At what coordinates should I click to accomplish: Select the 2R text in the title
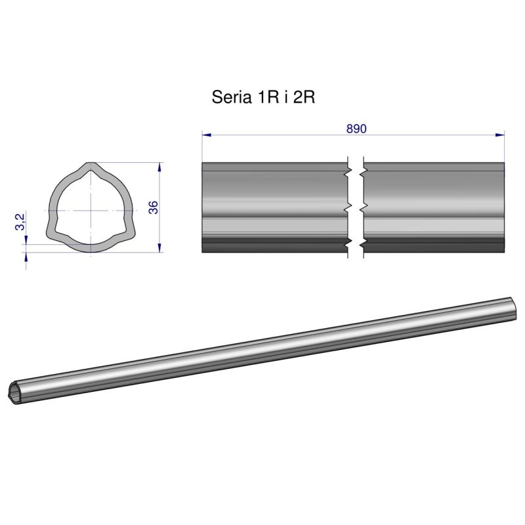coord(305,98)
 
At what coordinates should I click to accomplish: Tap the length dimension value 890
coord(356,128)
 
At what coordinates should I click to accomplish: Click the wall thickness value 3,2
coord(20,221)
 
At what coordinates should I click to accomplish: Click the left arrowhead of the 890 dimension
coord(206,135)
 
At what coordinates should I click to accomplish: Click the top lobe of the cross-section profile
coord(89,169)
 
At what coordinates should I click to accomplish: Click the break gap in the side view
coord(355,207)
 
